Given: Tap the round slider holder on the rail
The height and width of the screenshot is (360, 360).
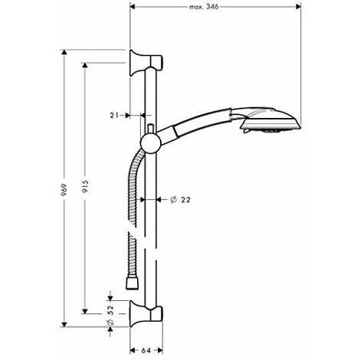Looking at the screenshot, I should pos(150,142).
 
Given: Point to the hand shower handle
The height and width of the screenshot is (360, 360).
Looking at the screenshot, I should pos(199,126).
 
